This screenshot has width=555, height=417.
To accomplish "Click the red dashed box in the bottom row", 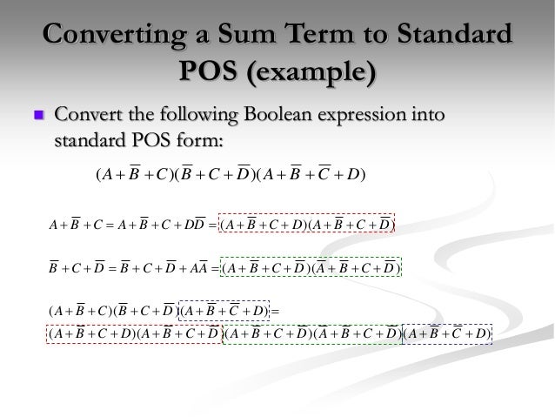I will click(x=135, y=334).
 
